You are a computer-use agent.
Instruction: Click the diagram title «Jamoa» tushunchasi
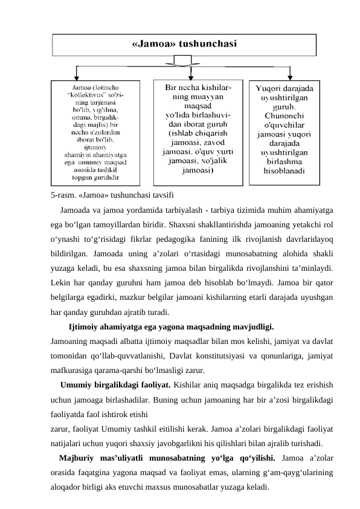pos(184,44)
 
